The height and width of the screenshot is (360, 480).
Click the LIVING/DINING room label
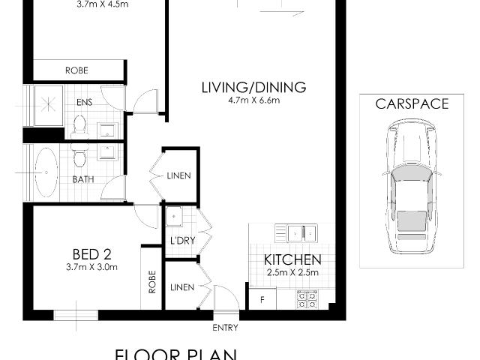click(x=253, y=88)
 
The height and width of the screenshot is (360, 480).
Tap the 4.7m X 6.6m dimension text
click(x=253, y=100)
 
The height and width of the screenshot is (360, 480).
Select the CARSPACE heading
click(x=412, y=104)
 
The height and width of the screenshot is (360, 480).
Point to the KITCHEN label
click(x=292, y=260)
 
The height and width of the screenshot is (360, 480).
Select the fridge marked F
click(x=262, y=299)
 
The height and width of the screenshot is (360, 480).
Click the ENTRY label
click(x=226, y=328)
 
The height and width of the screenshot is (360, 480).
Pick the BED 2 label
click(x=91, y=253)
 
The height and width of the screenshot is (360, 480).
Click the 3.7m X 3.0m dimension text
click(x=91, y=266)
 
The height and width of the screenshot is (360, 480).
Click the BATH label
click(x=82, y=179)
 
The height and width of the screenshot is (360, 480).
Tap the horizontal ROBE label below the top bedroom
click(x=76, y=70)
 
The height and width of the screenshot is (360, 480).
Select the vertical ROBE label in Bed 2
click(x=152, y=281)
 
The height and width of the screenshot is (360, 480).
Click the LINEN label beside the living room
click(x=179, y=176)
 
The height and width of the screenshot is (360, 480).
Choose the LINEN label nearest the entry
click(x=181, y=287)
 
